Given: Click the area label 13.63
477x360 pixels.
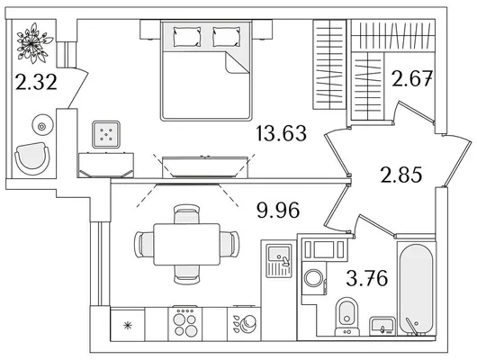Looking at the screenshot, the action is point(282,133).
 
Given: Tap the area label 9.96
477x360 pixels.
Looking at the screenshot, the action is point(278,211).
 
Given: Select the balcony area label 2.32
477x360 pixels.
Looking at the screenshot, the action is point(36,83).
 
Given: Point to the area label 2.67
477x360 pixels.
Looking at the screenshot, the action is point(412,78).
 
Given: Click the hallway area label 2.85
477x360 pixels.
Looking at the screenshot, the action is point(401,175).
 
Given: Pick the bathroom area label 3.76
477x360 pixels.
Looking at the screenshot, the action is point(367,278).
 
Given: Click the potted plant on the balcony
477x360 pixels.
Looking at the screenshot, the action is point(33,43).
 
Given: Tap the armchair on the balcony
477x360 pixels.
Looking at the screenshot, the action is point(32,158).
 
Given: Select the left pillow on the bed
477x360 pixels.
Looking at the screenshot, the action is point(187,37).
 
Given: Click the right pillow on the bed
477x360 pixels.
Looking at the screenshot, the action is point(226,37).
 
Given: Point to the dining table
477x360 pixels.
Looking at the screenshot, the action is point(187,245).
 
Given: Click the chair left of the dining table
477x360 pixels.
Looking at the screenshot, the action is point(144,245).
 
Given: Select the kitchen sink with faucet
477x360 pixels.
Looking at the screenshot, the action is point(279,261).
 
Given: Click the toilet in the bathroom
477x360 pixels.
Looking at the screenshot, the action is point(347,317).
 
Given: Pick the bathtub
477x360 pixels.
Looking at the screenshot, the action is point(416,289).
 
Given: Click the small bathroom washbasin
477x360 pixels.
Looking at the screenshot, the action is point(382,326).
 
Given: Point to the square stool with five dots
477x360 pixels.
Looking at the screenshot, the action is point(106,134).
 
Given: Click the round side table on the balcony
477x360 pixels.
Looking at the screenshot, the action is point(42,125).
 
